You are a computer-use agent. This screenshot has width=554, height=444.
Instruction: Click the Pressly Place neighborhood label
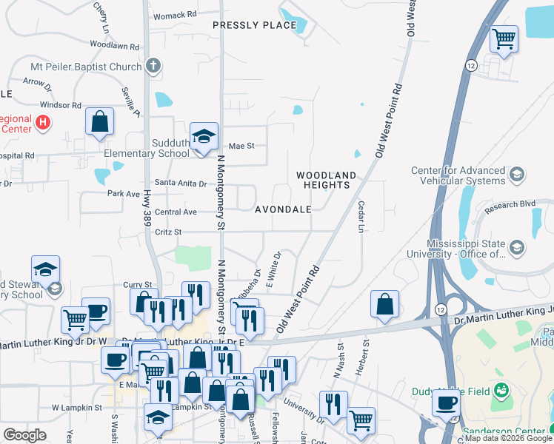(255, 25)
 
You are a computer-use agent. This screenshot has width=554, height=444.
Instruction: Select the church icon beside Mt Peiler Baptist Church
(153, 67)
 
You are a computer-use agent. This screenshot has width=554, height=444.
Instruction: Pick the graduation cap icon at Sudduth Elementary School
(204, 136)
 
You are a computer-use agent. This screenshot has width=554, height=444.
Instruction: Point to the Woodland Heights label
(326, 180)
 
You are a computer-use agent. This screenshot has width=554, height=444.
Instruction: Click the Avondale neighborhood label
(283, 209)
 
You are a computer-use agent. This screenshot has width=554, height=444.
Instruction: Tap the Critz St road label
(168, 232)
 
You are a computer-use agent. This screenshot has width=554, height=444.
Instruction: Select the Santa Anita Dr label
(181, 183)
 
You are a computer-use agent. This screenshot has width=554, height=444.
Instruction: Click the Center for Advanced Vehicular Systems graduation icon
(517, 175)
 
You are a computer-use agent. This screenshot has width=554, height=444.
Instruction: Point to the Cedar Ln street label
(362, 217)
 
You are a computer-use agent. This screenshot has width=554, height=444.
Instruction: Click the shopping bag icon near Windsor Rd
(99, 121)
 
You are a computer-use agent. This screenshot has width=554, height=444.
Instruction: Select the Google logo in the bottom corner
(24, 435)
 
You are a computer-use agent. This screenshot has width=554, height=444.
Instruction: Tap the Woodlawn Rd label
(115, 46)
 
